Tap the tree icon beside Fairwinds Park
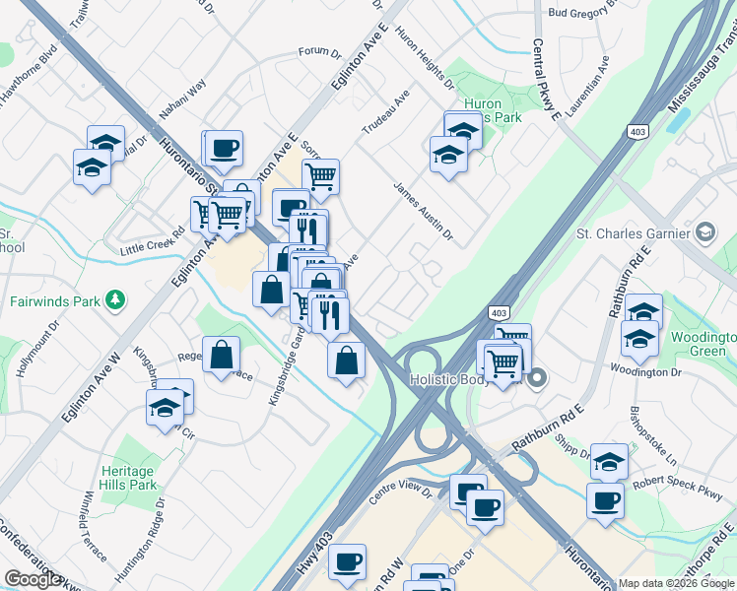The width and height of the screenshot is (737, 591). pos(115,298)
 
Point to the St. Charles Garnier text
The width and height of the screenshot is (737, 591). pos(631,233)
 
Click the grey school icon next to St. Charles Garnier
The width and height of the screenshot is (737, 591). pos(704,233)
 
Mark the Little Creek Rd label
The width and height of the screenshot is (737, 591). pos(153,243)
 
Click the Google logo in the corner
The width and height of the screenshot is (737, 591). pos(33,579)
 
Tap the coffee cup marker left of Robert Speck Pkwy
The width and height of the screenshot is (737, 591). pos(605,501)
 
